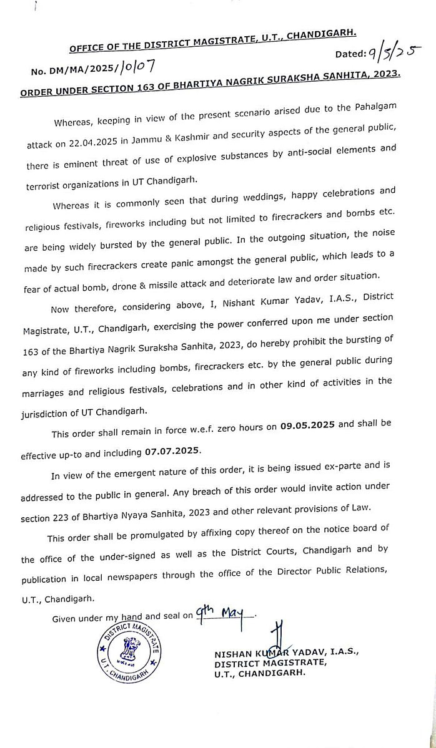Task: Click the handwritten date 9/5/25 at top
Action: [395, 54]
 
